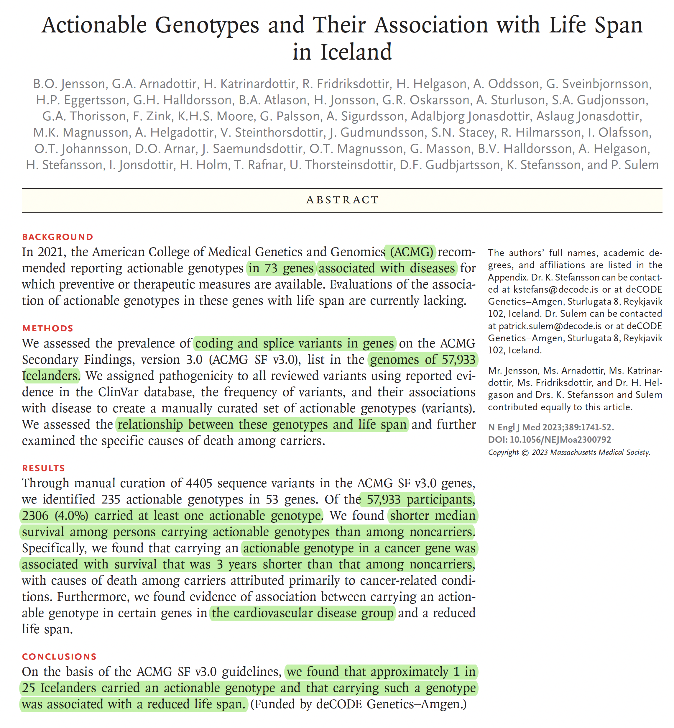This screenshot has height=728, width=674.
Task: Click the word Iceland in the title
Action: pos(356,52)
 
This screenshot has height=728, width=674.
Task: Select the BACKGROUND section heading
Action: pos(57,237)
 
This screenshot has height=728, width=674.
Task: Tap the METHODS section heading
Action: pos(48,328)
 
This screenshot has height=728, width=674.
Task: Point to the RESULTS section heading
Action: pos(43,468)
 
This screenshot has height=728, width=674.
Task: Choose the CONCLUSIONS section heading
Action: pos(59,657)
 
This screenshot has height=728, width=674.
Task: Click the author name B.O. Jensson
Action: pos(69,84)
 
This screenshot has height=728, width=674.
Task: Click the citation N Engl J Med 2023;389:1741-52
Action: pos(551,427)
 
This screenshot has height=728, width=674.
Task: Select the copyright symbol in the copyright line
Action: pos(525,452)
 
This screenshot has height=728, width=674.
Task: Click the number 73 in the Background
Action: pos(271,268)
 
